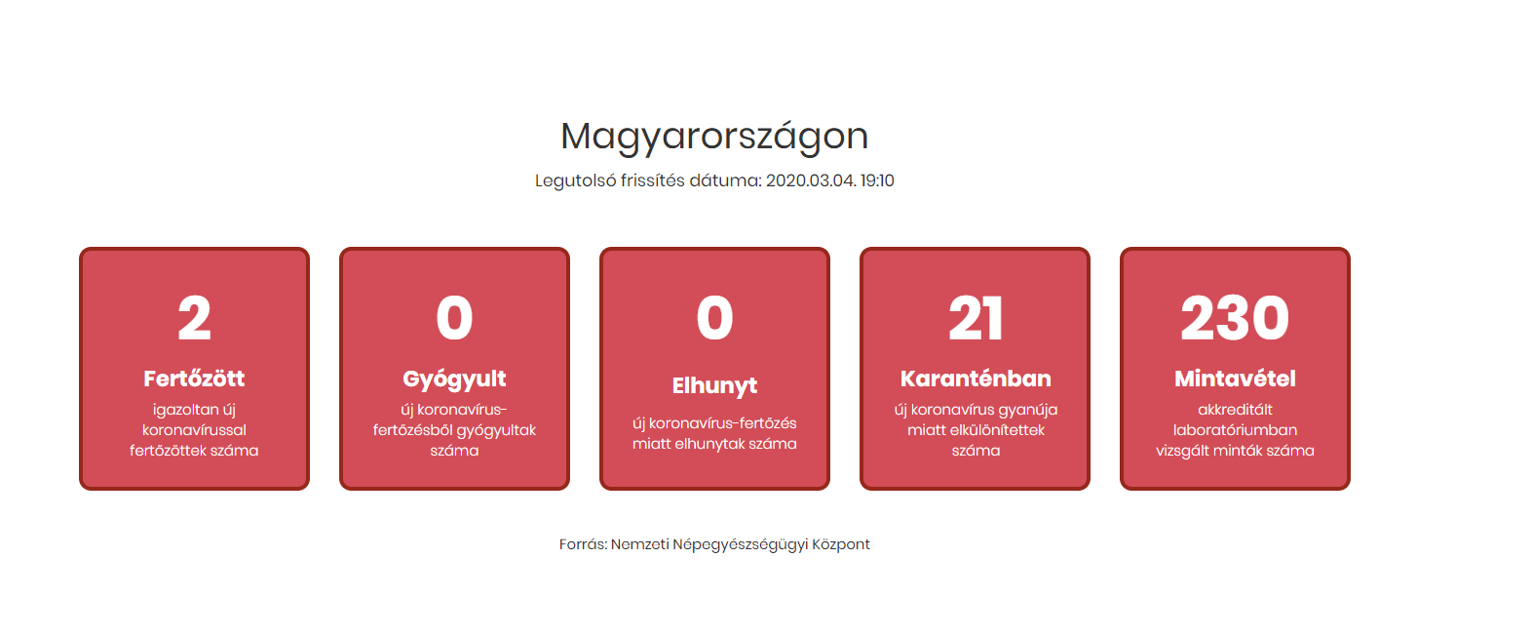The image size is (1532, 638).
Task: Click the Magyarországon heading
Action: (x=714, y=137)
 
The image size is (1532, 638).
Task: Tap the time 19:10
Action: (x=877, y=180)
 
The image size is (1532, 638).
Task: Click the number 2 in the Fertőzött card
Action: (x=194, y=319)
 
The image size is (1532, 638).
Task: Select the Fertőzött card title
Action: (x=194, y=379)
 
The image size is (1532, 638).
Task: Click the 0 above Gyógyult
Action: (x=454, y=319)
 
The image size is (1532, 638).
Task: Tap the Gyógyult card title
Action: (x=454, y=379)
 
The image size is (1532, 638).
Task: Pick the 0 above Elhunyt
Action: (x=714, y=319)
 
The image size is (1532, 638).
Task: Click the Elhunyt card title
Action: (x=714, y=385)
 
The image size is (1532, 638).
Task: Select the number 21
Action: (x=976, y=319)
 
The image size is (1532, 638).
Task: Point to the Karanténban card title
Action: (x=976, y=379)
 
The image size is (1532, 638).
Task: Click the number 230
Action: (x=1235, y=319)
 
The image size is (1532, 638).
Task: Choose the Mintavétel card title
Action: (x=1235, y=379)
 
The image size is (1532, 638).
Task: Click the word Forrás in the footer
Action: (x=583, y=544)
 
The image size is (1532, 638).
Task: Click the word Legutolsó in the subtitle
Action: (x=575, y=180)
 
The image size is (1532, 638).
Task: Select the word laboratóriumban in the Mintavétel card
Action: (x=1235, y=430)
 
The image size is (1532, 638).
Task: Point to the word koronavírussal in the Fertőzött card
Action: (x=194, y=430)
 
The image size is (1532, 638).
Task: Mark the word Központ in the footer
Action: (x=841, y=544)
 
